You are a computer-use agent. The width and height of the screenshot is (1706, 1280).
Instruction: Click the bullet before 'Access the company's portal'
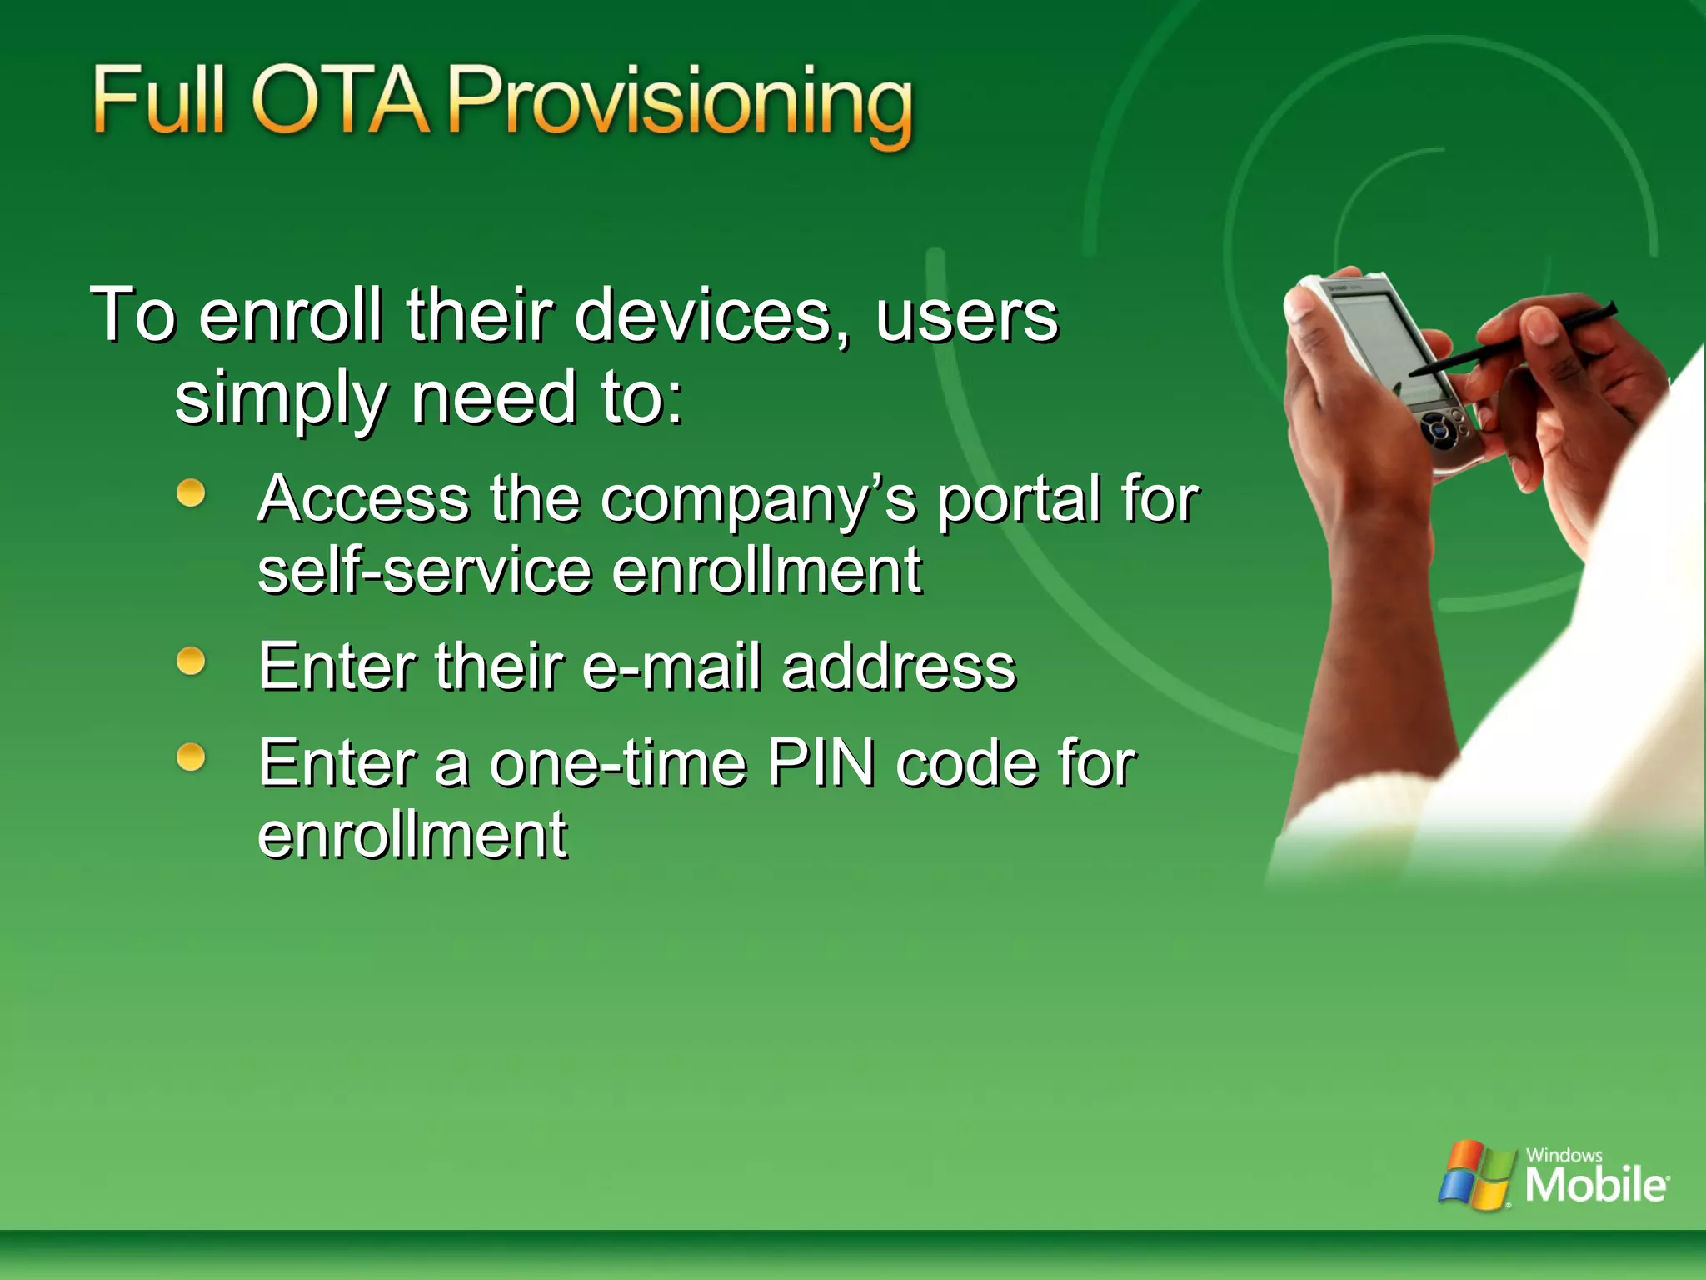191,492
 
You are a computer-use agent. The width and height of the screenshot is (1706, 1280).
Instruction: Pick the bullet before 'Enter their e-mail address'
191,662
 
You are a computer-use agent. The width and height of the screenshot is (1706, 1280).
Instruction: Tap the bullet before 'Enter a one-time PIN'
191,757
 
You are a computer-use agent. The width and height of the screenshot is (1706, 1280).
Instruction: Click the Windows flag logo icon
1474,1175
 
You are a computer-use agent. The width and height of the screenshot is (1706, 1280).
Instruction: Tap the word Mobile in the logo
1595,1184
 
